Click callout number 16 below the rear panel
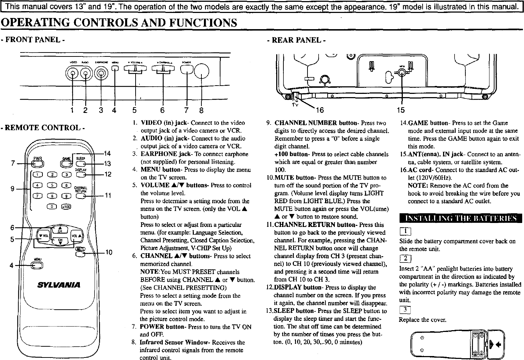pos(319,110)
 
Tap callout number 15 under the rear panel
pos(401,110)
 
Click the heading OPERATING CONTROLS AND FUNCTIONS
pos(119,22)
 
